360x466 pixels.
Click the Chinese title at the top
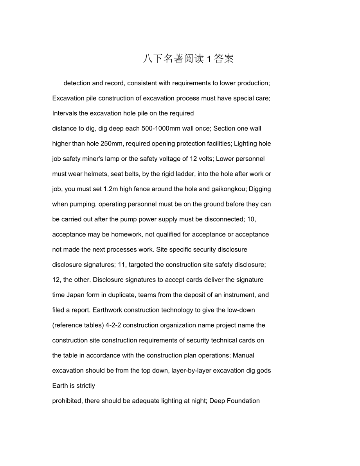coord(188,59)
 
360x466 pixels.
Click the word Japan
coord(76,295)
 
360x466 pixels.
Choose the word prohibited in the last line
coord(67,401)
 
